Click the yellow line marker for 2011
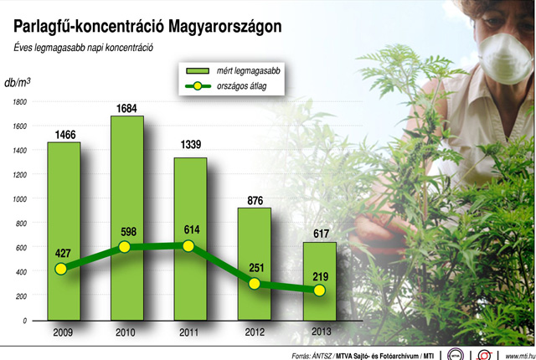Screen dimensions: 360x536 click(x=188, y=246)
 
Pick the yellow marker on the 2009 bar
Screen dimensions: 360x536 click(x=59, y=269)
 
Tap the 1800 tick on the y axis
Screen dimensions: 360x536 click(x=18, y=102)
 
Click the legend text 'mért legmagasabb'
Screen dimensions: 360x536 click(x=249, y=72)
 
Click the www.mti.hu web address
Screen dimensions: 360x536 click(x=520, y=353)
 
